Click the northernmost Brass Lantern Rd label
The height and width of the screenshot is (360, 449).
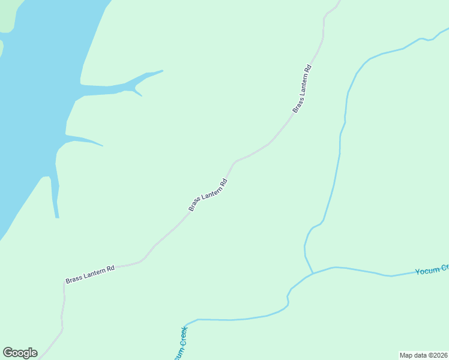click(x=303, y=88)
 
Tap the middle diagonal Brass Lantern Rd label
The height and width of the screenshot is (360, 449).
click(x=208, y=195)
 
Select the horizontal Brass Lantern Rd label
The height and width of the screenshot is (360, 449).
click(x=90, y=275)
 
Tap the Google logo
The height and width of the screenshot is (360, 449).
click(x=20, y=353)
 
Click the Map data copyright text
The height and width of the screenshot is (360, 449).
click(x=424, y=355)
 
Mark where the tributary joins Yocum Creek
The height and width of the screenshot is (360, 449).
click(x=313, y=274)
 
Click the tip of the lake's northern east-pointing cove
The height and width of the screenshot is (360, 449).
click(x=162, y=71)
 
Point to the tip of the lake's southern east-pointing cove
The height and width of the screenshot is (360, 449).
click(x=103, y=145)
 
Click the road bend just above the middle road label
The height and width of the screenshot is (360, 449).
click(x=234, y=162)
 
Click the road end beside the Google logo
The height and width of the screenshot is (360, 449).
click(x=41, y=358)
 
